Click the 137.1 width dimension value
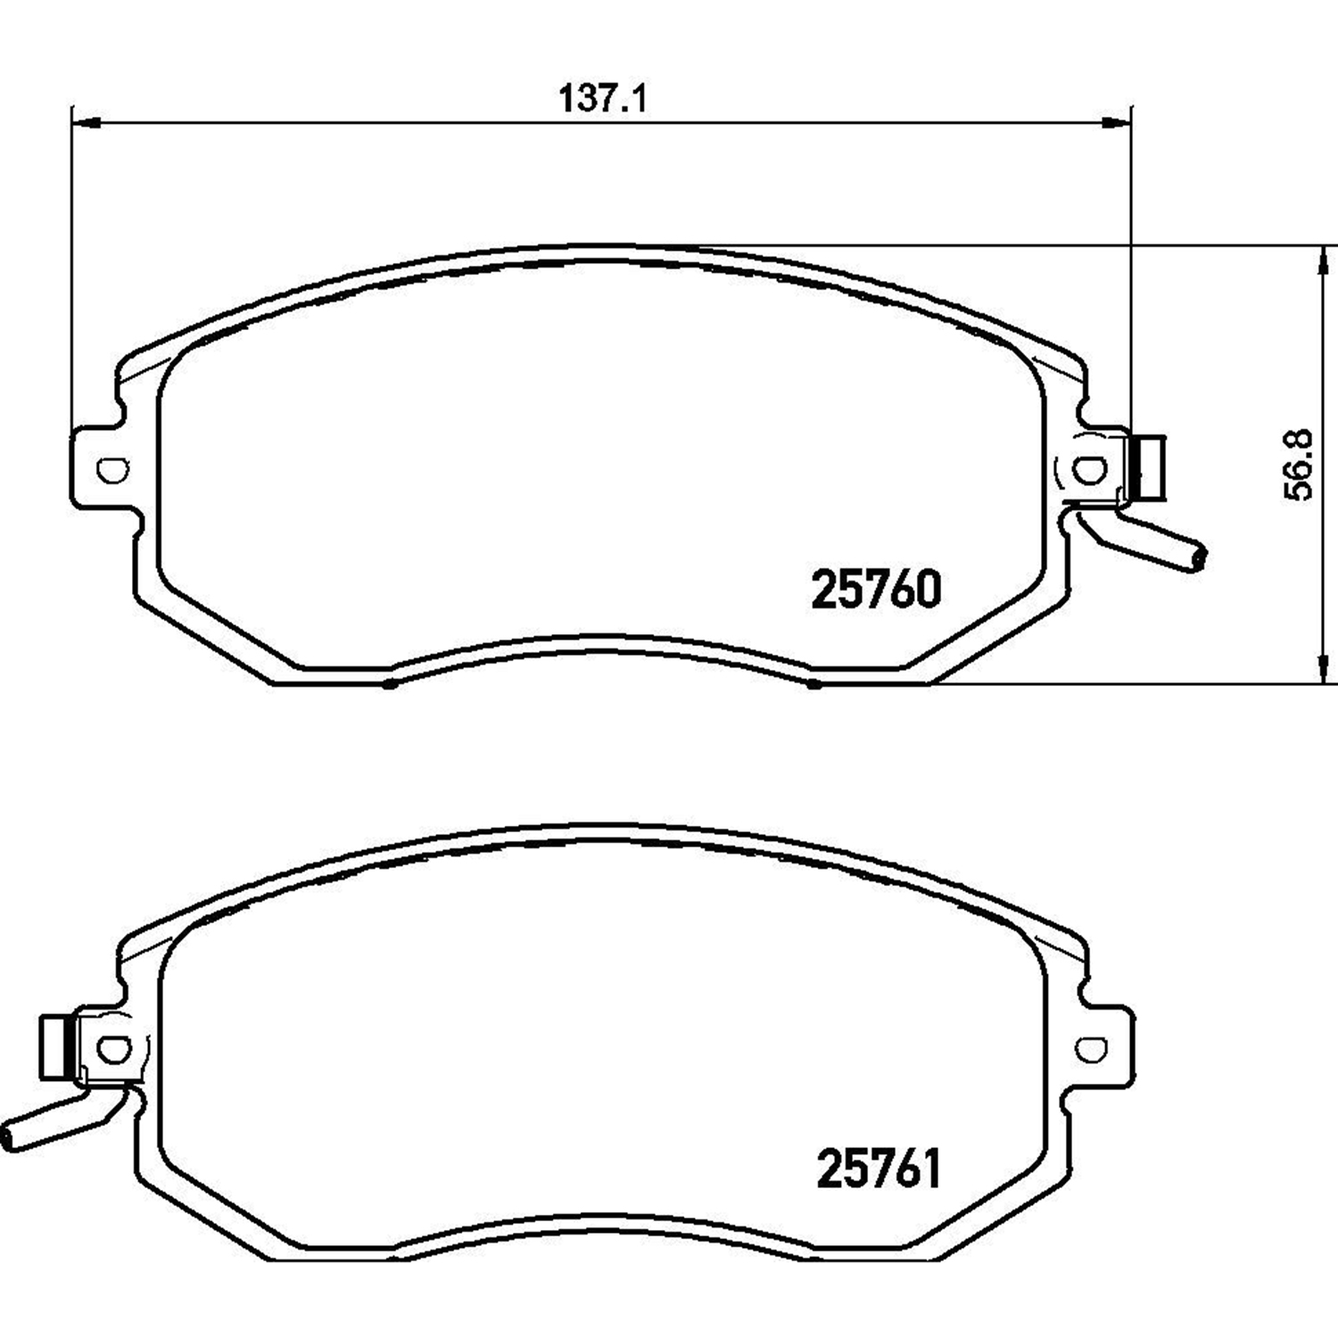click(x=603, y=98)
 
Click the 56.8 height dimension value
click(x=1300, y=465)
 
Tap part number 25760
click(x=876, y=590)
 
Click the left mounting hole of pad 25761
click(x=111, y=1049)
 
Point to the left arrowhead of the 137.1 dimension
click(x=86, y=123)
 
